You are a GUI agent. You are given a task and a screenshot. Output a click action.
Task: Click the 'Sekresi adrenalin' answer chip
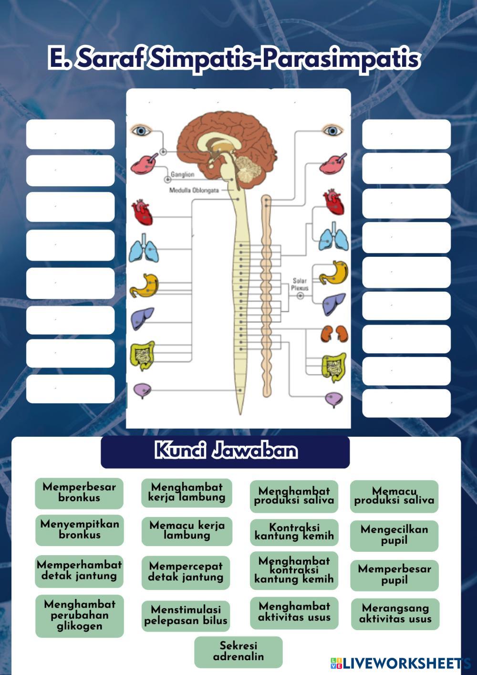(x=238, y=652)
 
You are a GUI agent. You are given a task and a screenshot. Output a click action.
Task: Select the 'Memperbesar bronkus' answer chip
(x=79, y=493)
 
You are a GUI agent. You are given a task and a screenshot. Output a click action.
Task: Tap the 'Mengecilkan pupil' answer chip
(x=394, y=535)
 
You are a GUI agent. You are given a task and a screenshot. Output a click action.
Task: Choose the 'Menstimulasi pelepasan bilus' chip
(x=186, y=615)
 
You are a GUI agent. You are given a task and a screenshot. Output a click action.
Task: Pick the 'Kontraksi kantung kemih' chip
(x=294, y=532)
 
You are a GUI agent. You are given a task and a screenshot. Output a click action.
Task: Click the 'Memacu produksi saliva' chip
(x=394, y=496)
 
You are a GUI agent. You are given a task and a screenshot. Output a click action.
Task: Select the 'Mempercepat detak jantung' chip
(x=186, y=572)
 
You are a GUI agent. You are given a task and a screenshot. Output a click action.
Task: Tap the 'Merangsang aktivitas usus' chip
(x=395, y=614)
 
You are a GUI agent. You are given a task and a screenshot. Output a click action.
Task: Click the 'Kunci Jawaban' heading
(x=225, y=451)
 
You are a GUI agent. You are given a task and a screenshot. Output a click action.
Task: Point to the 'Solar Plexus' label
(x=300, y=285)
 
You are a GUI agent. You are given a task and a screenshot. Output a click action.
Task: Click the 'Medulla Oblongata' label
(x=194, y=190)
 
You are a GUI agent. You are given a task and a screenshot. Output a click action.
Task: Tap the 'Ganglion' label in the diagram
(x=183, y=175)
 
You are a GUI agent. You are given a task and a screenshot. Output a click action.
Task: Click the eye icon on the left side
(x=141, y=130)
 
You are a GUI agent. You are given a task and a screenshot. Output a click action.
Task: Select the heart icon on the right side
(x=333, y=201)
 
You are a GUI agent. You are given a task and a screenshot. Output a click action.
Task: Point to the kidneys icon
(x=333, y=333)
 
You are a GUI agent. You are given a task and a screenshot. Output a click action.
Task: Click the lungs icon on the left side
(x=144, y=248)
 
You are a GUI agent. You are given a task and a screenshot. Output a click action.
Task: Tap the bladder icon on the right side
(x=334, y=399)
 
